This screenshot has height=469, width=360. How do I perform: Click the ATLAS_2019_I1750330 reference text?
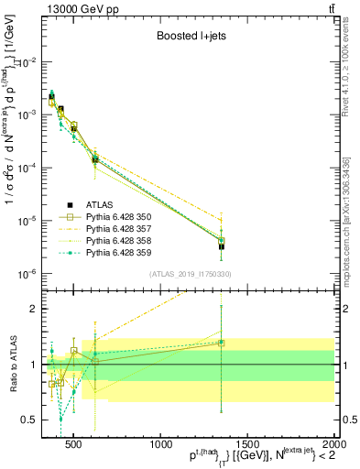[190, 274]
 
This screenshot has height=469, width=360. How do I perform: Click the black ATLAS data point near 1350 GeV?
[221, 246]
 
